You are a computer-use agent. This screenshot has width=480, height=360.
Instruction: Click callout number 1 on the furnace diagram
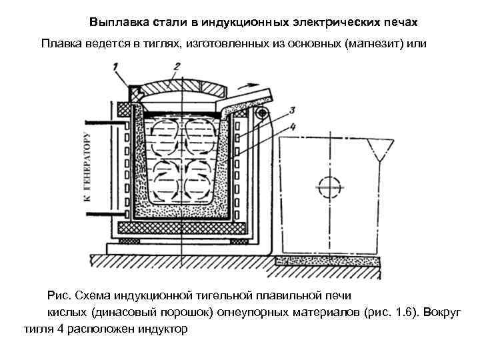(x=117, y=67)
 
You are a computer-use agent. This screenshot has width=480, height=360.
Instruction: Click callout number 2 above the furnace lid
(x=177, y=67)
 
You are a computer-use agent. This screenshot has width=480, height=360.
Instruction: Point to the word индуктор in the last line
(x=161, y=329)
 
